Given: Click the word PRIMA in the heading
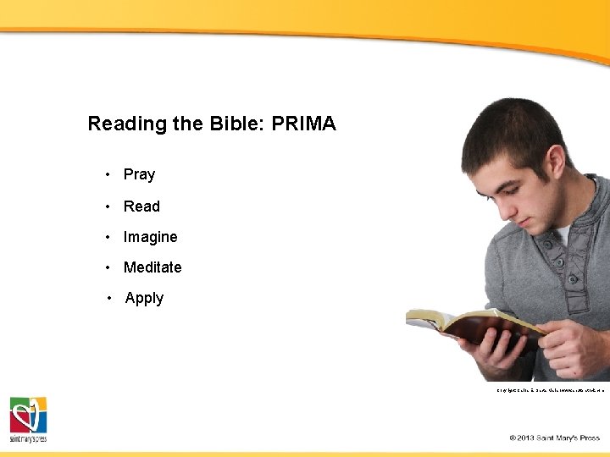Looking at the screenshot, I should click(303, 124).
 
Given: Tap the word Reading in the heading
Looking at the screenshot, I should click(127, 124).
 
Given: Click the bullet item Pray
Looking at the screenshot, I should click(139, 174).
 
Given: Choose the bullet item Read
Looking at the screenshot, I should click(141, 206).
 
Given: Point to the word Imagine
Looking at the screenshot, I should click(150, 237).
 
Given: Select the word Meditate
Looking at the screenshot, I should click(152, 267).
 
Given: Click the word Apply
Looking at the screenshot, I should click(144, 298).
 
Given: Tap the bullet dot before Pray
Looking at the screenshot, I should click(108, 174).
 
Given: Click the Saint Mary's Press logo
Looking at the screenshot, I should click(28, 419).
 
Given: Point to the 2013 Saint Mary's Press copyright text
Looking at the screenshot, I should click(554, 438).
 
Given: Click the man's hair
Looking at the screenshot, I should click(508, 131).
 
